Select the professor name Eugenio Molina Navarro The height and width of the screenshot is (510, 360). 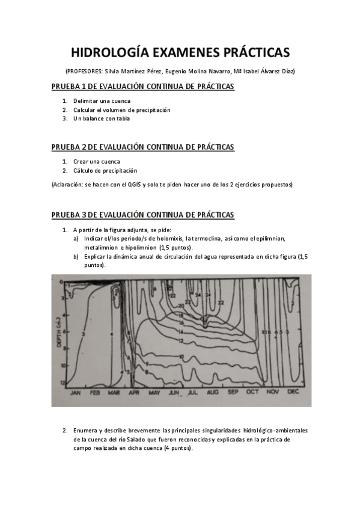(197, 71)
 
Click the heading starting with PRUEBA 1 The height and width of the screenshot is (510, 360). (142, 87)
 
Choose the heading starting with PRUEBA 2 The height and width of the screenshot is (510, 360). (142, 147)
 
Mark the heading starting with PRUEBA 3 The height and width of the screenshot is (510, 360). (142, 215)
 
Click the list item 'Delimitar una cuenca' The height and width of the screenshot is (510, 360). (102, 101)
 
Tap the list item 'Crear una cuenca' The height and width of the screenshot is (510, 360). (97, 161)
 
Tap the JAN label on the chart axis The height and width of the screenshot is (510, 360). (76, 392)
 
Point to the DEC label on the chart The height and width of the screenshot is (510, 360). (293, 392)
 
